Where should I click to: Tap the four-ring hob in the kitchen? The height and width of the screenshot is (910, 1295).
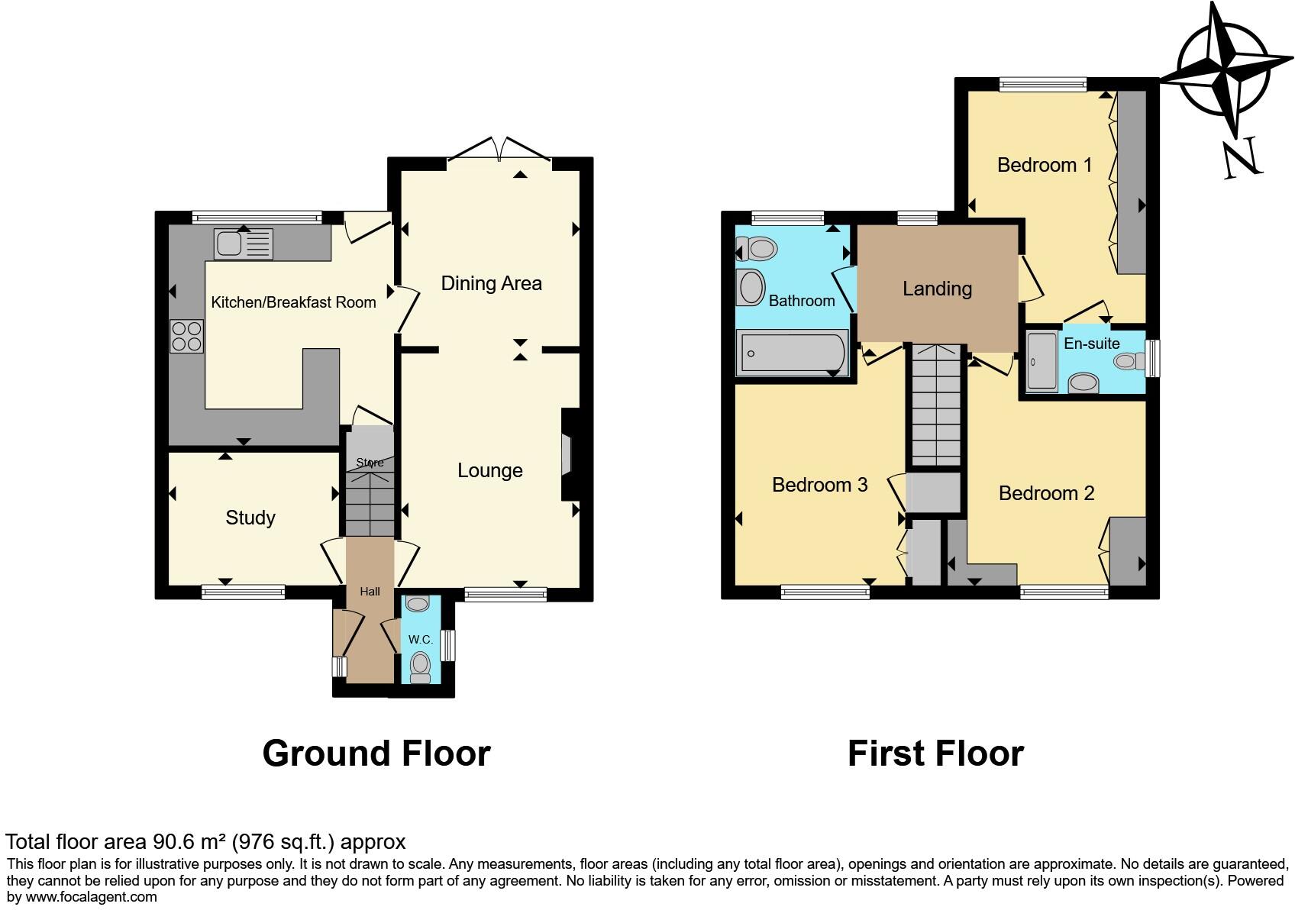(x=186, y=337)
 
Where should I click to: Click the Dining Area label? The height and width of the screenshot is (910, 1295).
(x=491, y=283)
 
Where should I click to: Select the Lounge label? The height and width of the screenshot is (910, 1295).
(x=489, y=470)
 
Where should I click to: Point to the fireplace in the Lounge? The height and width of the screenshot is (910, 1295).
(x=567, y=455)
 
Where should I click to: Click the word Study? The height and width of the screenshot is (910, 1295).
(x=250, y=518)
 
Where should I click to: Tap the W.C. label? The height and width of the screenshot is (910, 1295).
(x=420, y=639)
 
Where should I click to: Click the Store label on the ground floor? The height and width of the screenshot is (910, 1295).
(x=370, y=463)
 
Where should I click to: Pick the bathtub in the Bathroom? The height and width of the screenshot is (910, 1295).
(x=793, y=353)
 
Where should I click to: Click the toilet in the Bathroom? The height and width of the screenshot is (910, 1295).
(x=757, y=249)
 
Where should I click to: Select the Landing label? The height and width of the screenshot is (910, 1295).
(x=937, y=289)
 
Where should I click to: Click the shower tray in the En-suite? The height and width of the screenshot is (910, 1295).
(x=1041, y=361)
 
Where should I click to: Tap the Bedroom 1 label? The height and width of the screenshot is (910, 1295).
(x=1044, y=165)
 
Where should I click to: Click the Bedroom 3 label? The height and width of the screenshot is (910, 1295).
(x=819, y=485)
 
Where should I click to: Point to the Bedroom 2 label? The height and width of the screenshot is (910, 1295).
(x=1046, y=493)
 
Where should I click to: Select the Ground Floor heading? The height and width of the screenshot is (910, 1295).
(x=376, y=753)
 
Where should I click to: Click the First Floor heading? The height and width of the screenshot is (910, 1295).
(x=935, y=753)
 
